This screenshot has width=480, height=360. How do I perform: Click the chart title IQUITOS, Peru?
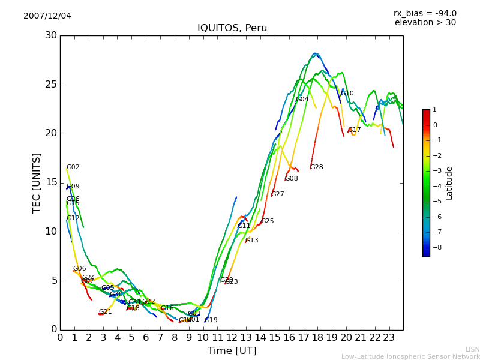(x=232, y=28)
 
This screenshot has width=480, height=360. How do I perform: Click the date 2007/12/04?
(x=47, y=16)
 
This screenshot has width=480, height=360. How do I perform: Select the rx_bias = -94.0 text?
(x=425, y=14)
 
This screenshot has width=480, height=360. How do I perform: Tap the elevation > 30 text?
(x=425, y=23)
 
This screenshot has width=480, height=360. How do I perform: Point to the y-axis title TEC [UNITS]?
(x=37, y=182)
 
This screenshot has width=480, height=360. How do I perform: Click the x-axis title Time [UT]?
(x=232, y=351)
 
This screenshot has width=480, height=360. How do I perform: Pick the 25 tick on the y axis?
(x=51, y=85)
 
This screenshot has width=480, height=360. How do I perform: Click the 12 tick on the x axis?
(x=232, y=337)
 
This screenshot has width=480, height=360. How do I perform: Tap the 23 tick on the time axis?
(x=389, y=337)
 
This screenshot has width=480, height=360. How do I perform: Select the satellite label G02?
(x=73, y=167)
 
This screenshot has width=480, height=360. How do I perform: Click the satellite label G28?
(x=316, y=167)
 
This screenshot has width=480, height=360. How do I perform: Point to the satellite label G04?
(x=302, y=100)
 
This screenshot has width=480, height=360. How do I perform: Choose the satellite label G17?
(x=355, y=130)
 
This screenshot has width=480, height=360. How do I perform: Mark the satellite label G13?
(x=252, y=241)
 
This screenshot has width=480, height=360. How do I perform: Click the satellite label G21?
(x=106, y=312)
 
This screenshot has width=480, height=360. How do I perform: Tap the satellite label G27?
(x=278, y=194)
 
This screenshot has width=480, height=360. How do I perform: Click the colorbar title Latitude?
(x=449, y=183)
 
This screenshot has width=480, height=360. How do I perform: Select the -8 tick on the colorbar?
(x=436, y=247)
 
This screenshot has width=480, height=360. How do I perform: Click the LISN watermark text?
(x=472, y=349)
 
